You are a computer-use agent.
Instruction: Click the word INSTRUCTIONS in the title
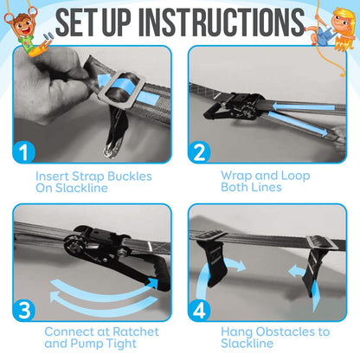pos(219,22)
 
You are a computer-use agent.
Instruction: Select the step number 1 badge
pos(25,152)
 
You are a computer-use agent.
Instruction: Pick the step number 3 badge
pos(25,310)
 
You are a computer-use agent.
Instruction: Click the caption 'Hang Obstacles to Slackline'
pos(275,337)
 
